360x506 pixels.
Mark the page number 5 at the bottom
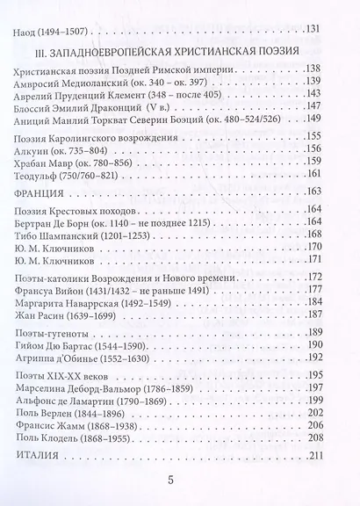180,481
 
